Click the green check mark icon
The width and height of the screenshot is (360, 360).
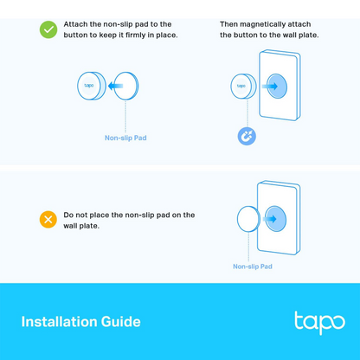48,29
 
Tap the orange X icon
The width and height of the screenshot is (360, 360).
48,219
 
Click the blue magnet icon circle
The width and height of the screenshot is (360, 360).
246,136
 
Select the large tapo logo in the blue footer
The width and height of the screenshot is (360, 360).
319,322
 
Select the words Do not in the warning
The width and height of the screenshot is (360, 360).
75,215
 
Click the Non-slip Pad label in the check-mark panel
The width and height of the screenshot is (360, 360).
125,138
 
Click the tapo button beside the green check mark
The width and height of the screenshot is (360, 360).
90,86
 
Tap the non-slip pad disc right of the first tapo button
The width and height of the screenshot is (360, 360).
126,86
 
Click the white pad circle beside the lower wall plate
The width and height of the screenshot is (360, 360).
248,219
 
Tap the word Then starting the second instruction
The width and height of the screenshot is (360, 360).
228,24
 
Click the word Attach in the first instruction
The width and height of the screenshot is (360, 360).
76,24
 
